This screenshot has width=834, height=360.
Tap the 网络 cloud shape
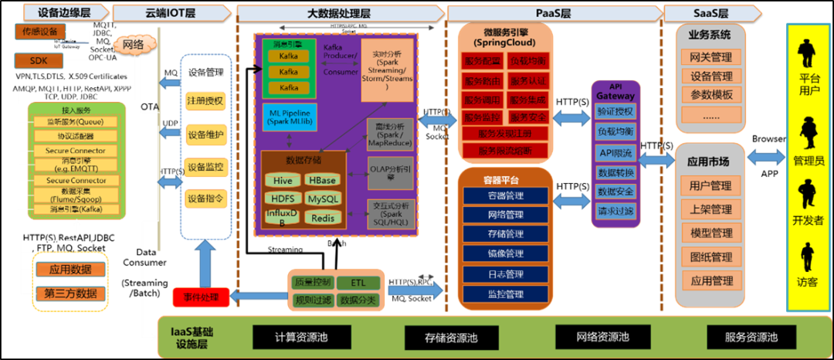[133, 44]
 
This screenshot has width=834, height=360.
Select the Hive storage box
[282, 180]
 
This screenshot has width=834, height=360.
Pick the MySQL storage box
[323, 199]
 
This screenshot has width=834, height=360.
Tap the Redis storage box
[323, 218]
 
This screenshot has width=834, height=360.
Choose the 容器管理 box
[505, 195]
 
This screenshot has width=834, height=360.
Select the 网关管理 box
[710, 56]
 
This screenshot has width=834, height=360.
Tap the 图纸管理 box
[710, 256]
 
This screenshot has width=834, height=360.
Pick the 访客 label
[809, 283]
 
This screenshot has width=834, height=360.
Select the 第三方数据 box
[71, 293]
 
